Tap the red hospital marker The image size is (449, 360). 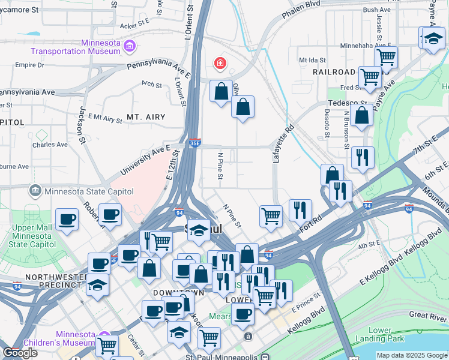tap(220, 62)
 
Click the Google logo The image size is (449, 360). tap(20, 353)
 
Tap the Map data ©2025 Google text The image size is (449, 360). tap(412, 355)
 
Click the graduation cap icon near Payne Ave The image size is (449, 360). tap(433, 39)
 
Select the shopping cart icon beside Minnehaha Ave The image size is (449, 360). tap(386, 58)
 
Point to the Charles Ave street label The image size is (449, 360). tap(50, 145)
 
